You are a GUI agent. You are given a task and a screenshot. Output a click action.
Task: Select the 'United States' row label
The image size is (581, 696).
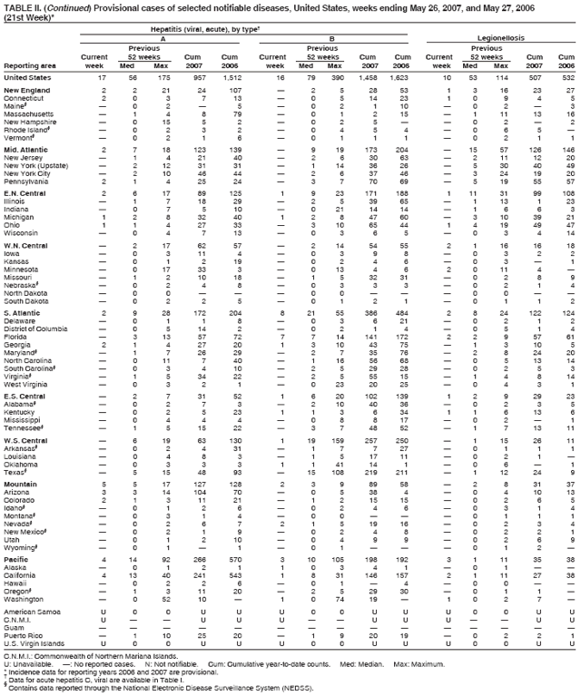point(28,77)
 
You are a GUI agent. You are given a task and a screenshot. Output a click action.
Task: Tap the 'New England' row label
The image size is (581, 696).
point(27,91)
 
